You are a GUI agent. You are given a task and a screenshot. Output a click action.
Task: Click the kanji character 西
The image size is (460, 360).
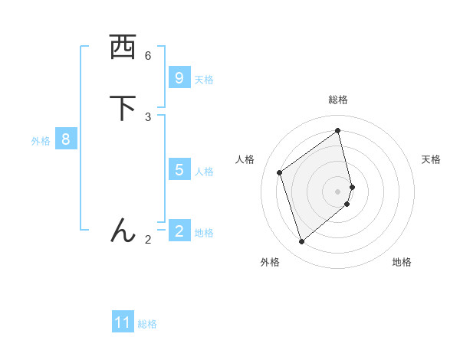(123, 47)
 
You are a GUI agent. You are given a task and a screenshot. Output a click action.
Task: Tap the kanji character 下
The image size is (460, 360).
(123, 108)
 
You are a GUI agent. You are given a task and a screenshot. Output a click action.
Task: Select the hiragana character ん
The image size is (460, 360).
(123, 231)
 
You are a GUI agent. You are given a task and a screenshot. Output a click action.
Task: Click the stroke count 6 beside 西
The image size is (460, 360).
(148, 55)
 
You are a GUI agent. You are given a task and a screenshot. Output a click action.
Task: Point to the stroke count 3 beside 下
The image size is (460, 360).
(148, 116)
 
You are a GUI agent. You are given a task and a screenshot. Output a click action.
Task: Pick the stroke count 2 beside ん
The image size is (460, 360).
(148, 240)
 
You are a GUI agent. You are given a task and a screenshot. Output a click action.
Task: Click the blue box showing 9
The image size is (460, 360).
(179, 78)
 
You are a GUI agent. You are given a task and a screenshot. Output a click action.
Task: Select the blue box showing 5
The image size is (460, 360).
(179, 169)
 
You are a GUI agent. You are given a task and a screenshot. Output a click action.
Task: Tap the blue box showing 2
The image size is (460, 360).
(179, 231)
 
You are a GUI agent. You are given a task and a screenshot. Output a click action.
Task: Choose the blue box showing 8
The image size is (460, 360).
(66, 139)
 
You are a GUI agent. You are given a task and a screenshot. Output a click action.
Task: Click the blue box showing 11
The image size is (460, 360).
(123, 322)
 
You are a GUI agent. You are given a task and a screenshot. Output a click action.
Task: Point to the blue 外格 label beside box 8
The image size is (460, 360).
(41, 141)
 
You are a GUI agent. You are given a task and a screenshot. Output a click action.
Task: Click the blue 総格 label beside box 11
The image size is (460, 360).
(147, 324)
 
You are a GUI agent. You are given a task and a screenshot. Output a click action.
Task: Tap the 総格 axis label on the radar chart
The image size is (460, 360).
(338, 100)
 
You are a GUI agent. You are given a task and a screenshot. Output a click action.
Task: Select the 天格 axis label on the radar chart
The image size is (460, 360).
(431, 159)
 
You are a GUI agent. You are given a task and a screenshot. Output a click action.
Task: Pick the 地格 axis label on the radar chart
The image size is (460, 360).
(402, 262)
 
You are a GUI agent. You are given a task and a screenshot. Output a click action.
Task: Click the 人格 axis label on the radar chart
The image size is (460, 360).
(245, 159)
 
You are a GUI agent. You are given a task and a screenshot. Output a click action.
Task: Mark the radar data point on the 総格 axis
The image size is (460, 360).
(338, 130)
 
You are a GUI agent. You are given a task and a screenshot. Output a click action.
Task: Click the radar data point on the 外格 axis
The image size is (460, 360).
(301, 242)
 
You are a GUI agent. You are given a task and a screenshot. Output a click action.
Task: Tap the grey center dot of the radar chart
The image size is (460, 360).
(338, 191)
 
